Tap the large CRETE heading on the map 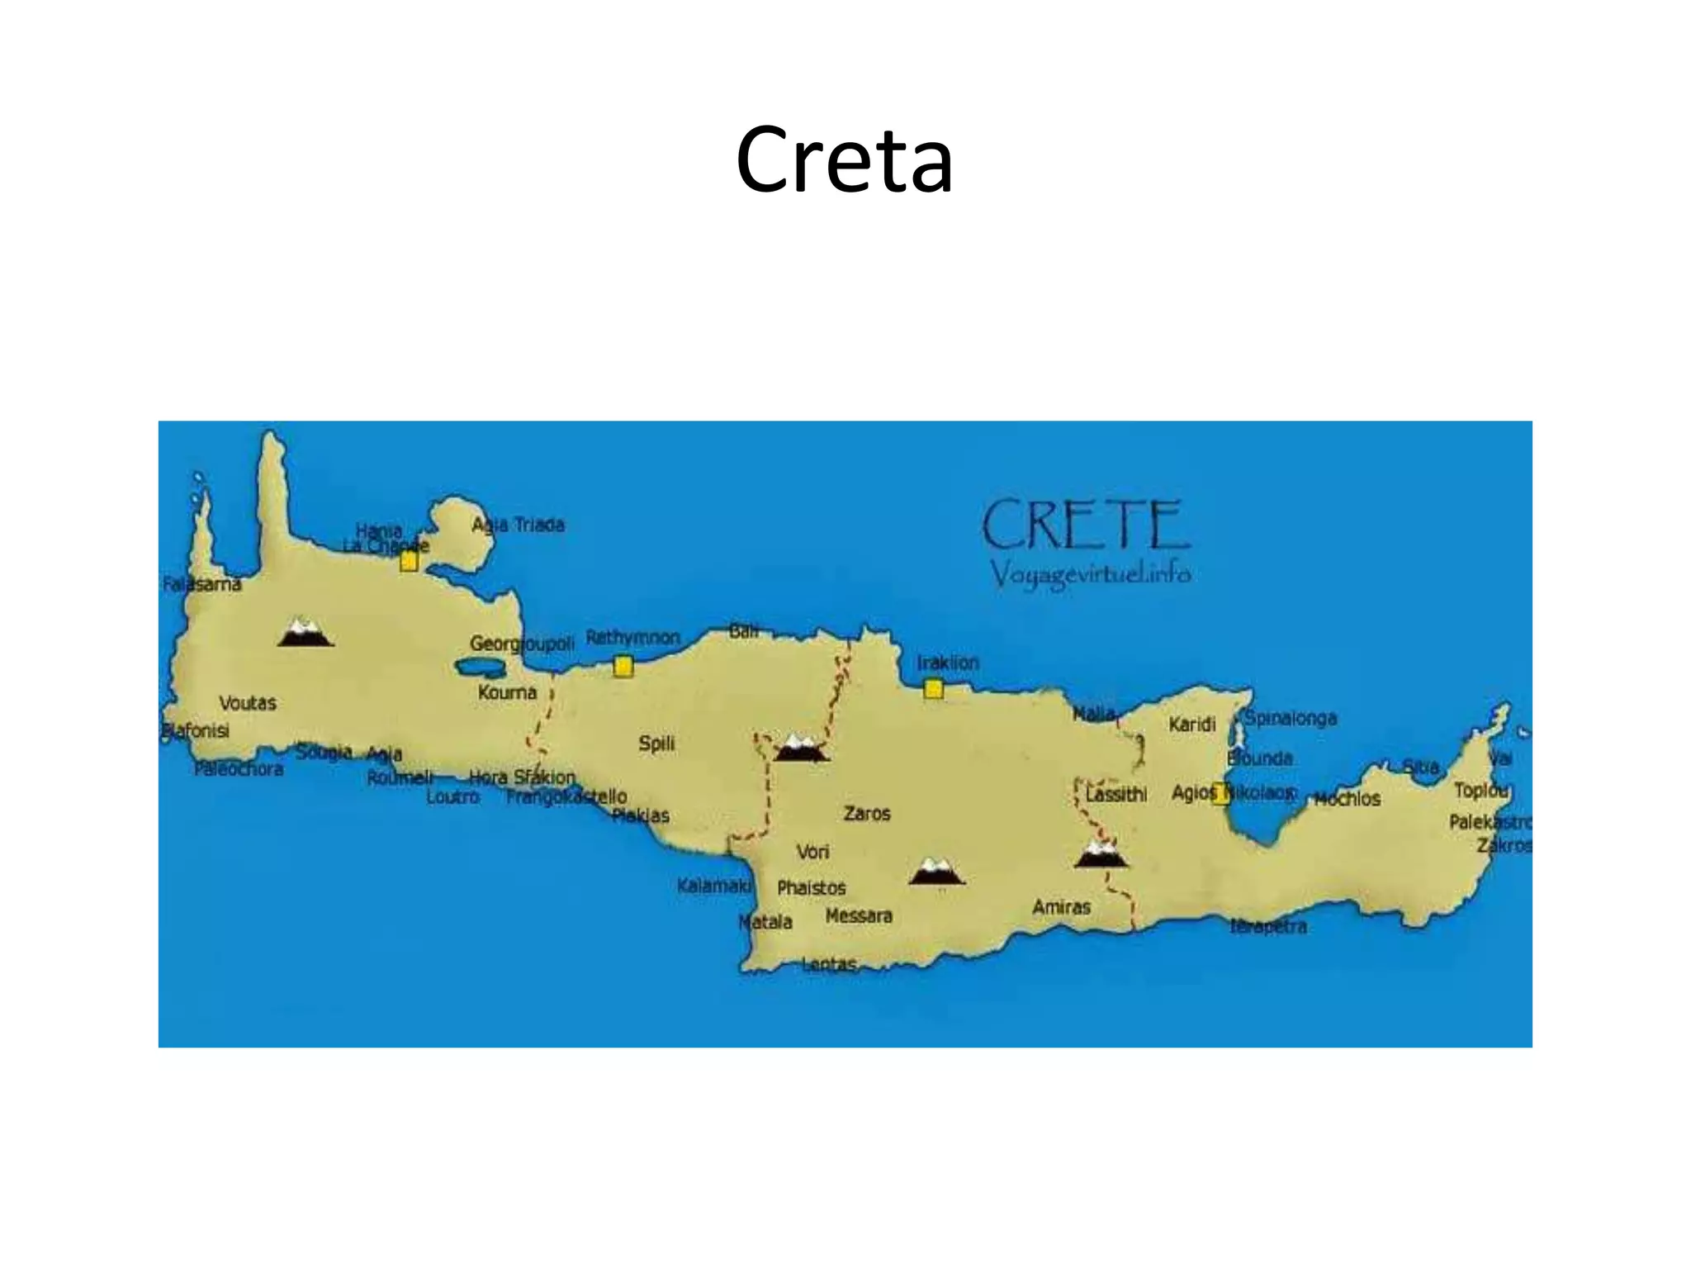click(x=1085, y=525)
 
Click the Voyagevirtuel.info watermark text click(x=1090, y=573)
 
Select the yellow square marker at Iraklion click(x=933, y=688)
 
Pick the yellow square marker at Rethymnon click(x=623, y=666)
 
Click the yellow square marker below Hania click(x=409, y=562)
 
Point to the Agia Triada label click(x=518, y=525)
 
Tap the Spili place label click(x=656, y=744)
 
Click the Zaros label click(x=867, y=814)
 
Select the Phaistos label click(x=812, y=888)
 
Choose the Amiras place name click(x=1061, y=907)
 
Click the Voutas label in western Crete click(x=248, y=703)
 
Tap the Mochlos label click(x=1347, y=799)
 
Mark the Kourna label click(x=507, y=692)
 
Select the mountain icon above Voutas click(x=306, y=632)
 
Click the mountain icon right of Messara click(x=936, y=872)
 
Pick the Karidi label click(x=1192, y=725)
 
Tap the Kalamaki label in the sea click(x=714, y=886)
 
